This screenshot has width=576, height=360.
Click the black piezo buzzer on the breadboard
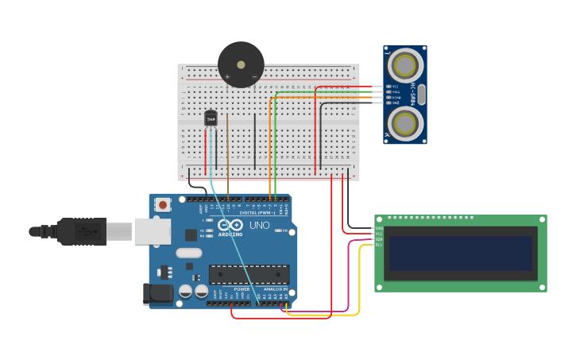click(241, 64)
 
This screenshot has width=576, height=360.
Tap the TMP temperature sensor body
click(211, 118)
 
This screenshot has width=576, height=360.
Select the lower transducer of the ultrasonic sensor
click(405, 122)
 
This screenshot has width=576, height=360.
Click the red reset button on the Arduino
click(163, 205)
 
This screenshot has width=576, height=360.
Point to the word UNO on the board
click(260, 226)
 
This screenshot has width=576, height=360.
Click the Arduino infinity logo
click(230, 226)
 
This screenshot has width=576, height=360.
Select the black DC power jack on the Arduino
click(157, 293)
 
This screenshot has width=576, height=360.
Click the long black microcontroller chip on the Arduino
click(249, 274)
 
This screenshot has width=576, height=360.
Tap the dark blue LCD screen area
click(460, 253)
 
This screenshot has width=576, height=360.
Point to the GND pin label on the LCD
click(379, 228)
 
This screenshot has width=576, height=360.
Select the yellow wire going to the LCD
click(360, 278)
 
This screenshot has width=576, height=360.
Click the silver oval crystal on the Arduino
click(189, 253)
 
